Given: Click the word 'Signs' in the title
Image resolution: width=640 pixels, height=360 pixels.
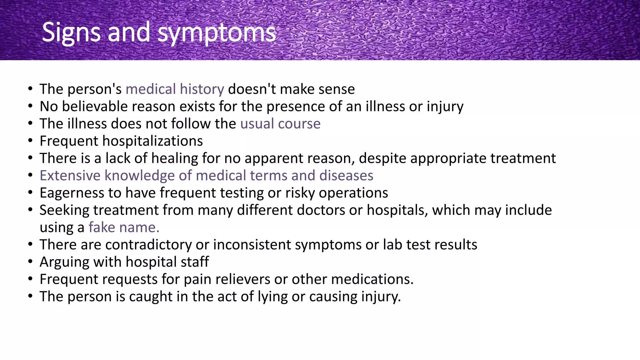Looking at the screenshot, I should (x=71, y=32).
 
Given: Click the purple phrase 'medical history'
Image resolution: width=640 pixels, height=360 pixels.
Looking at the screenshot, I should (x=175, y=89).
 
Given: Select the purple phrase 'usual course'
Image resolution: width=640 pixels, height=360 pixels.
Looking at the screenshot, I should (x=280, y=124).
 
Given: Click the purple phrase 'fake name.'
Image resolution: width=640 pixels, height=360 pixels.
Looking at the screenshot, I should (x=124, y=227).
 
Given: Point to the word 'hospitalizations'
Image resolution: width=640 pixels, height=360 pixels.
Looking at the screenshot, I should (x=152, y=141).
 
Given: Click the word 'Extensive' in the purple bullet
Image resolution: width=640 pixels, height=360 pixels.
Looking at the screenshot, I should (x=70, y=176).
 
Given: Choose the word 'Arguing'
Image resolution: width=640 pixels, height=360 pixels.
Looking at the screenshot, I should (x=64, y=262).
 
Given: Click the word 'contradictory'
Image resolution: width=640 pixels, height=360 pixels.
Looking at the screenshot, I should (x=148, y=245).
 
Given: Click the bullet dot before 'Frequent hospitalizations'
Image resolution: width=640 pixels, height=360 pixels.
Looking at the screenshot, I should (x=30, y=141).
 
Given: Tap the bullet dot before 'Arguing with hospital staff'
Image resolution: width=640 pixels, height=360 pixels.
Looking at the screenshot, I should (x=30, y=262).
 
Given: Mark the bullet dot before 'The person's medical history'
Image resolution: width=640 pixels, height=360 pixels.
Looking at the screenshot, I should (x=30, y=89).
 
